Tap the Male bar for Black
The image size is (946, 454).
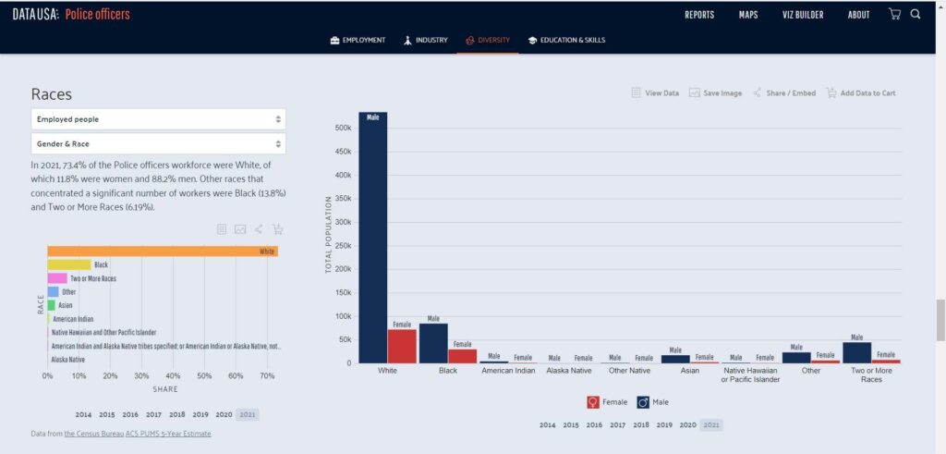click(x=433, y=343)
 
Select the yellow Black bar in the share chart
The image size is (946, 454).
click(x=69, y=265)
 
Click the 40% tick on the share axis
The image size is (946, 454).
click(x=174, y=376)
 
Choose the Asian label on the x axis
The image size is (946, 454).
click(x=689, y=371)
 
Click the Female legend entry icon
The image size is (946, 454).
click(x=593, y=402)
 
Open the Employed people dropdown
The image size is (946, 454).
click(x=158, y=119)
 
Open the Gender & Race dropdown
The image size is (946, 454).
click(x=158, y=144)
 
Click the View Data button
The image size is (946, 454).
click(x=655, y=93)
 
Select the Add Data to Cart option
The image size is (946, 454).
click(x=861, y=93)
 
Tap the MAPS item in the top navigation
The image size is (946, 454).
click(x=748, y=15)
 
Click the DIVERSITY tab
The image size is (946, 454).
click(x=488, y=41)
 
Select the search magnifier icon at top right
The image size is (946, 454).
click(x=916, y=14)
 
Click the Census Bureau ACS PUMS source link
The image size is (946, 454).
click(x=138, y=434)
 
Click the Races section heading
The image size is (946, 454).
click(x=52, y=94)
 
